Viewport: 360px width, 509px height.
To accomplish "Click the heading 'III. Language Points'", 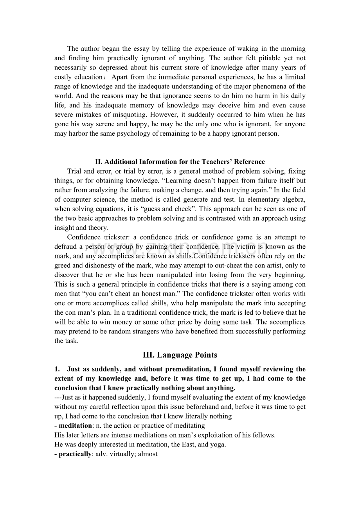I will [180, 355].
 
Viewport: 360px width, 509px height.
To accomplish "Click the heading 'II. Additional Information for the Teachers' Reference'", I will [180, 161].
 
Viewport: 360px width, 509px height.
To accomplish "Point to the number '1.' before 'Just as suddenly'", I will [58, 369].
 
